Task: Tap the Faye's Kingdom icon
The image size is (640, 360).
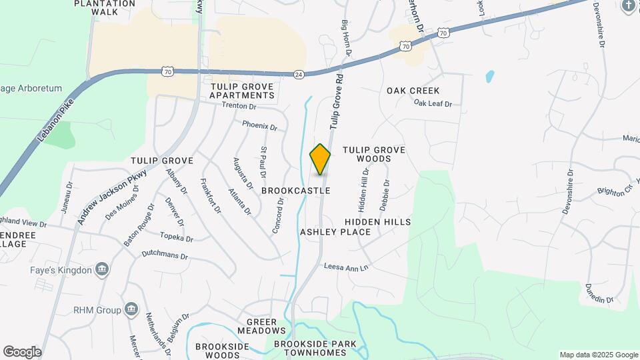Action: (102, 270)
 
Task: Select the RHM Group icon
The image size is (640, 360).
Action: (131, 310)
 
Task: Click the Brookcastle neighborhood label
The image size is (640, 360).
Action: (295, 191)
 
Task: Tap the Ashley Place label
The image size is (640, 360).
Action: (335, 232)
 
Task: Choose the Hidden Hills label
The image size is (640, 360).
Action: (378, 221)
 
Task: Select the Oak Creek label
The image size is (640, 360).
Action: (413, 90)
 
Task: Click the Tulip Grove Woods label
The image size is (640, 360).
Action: (373, 155)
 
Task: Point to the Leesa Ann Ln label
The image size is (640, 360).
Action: (346, 267)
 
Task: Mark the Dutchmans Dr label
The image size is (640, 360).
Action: (165, 255)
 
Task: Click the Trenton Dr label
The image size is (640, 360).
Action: (239, 106)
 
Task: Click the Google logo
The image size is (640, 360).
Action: (22, 352)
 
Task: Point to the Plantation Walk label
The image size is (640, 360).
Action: (105, 7)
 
